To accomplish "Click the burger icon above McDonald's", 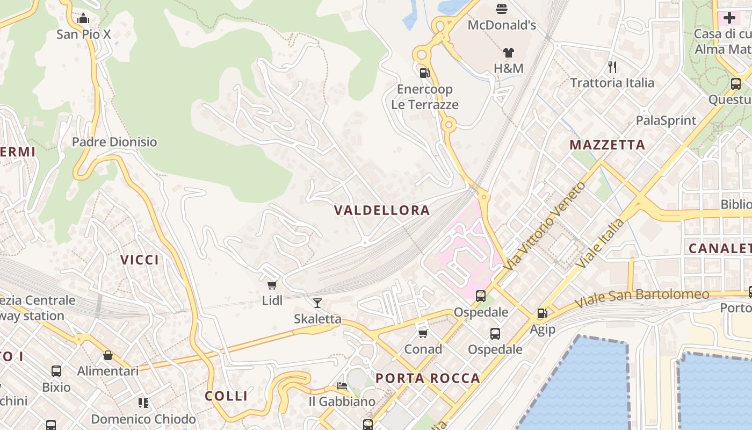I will pyautogui.click(x=502, y=9).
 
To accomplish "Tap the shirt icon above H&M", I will pyautogui.click(x=508, y=53).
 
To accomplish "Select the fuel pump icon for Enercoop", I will pyautogui.click(x=424, y=73).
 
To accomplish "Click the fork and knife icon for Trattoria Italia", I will pyautogui.click(x=612, y=67).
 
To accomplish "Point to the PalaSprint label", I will pyautogui.click(x=666, y=120).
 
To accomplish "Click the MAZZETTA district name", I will pyautogui.click(x=607, y=145).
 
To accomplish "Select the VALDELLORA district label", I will pyautogui.click(x=382, y=210).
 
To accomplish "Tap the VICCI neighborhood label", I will pyautogui.click(x=140, y=260).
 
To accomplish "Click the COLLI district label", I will pyautogui.click(x=226, y=396).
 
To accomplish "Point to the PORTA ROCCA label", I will pyautogui.click(x=428, y=378).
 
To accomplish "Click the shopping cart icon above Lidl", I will pyautogui.click(x=272, y=284).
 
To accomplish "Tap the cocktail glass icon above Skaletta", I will pyautogui.click(x=317, y=303).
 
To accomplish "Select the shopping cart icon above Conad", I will pyautogui.click(x=423, y=333).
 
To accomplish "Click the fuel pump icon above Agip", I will pyautogui.click(x=542, y=313).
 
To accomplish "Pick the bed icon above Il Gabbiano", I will pyautogui.click(x=342, y=385).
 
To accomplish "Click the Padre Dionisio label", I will pyautogui.click(x=114, y=142).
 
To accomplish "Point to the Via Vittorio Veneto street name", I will pyautogui.click(x=545, y=226).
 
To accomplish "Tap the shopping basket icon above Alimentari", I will pyautogui.click(x=108, y=355).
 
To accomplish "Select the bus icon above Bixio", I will pyautogui.click(x=56, y=371).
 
